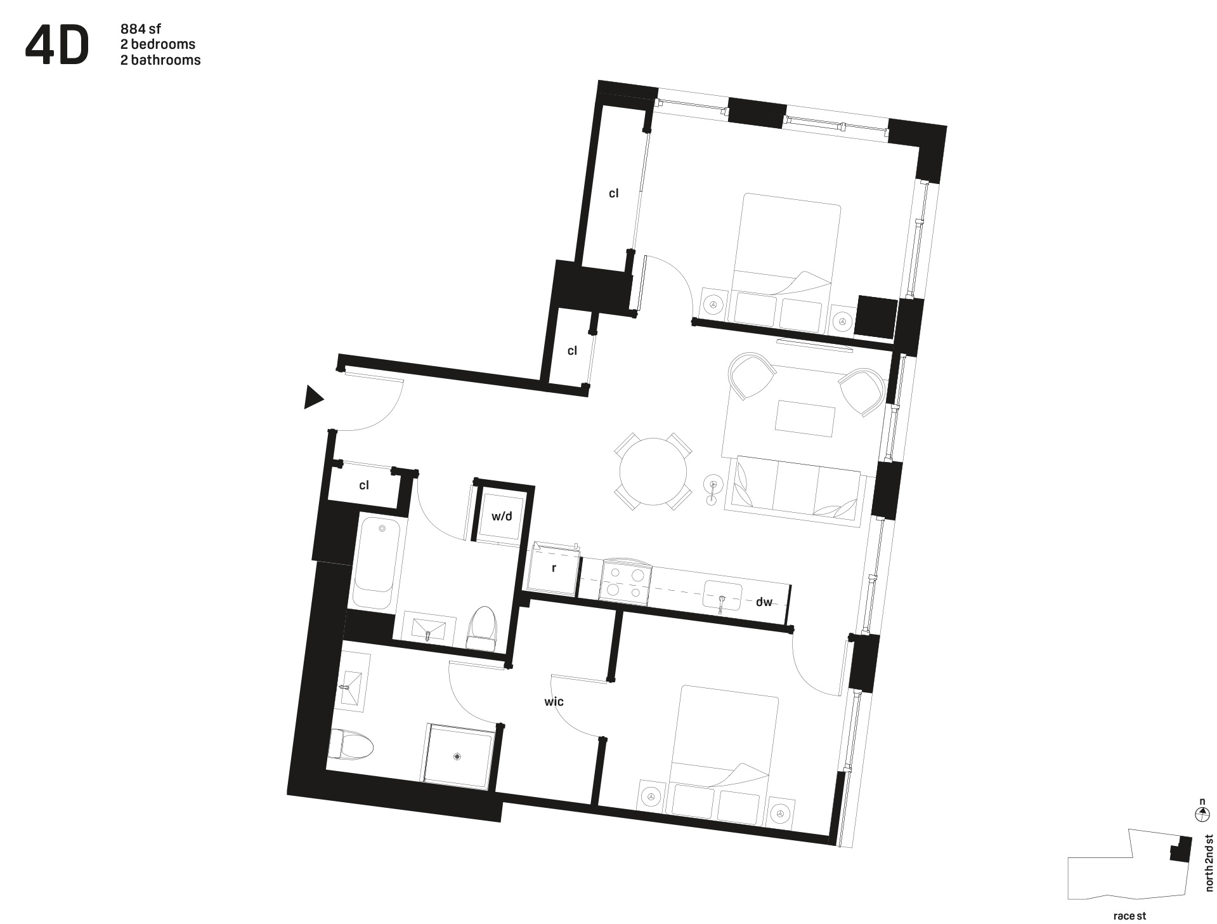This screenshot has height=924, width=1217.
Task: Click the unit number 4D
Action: [x=56, y=46]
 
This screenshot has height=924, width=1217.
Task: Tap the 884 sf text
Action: [x=141, y=29]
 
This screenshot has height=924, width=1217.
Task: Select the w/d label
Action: [x=502, y=516]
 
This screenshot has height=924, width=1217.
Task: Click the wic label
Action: [x=554, y=701]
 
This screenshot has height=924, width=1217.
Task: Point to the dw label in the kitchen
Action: [x=764, y=602]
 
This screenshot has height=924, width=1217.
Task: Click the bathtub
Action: [x=377, y=563]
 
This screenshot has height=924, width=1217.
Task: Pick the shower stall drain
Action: [x=457, y=756]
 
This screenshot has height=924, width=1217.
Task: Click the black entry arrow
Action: [x=313, y=397]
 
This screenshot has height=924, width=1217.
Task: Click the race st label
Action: [x=1129, y=916]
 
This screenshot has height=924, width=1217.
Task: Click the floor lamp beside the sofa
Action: [x=713, y=488]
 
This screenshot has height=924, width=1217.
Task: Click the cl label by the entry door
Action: [x=364, y=485]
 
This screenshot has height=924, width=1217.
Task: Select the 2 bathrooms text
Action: [x=160, y=60]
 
